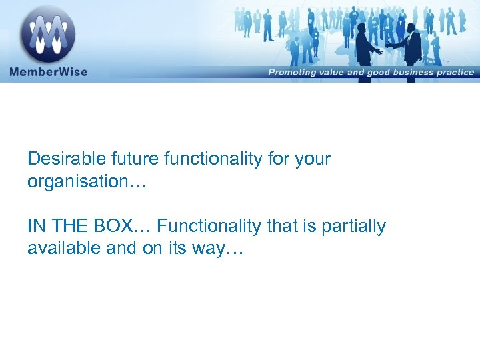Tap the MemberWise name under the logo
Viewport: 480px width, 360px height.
[49, 71]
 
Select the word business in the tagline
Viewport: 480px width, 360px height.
[409, 72]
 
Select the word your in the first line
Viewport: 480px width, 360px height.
[313, 159]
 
